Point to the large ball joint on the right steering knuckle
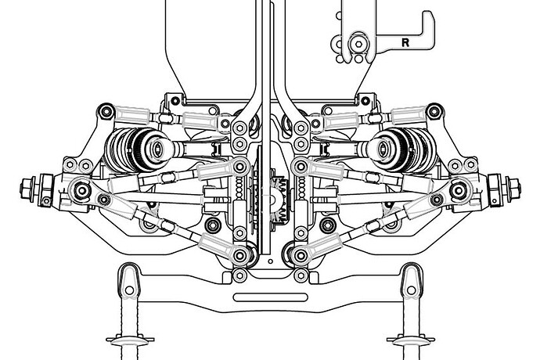(x=460, y=189)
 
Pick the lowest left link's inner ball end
(x=243, y=254)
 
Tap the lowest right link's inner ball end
(x=296, y=254)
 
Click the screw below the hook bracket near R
(x=358, y=44)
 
